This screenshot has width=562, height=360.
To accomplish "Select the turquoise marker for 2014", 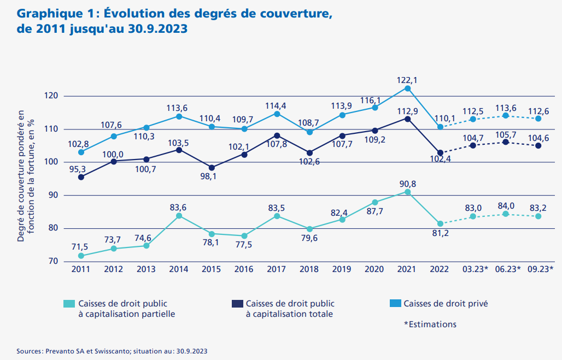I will point(179,216).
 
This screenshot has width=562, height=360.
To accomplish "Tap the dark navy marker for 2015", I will point(212,168).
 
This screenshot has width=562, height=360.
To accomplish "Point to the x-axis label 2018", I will point(309,269).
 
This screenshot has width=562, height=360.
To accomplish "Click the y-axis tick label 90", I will point(52,196).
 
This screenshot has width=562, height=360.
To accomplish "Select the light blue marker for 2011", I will point(81,152).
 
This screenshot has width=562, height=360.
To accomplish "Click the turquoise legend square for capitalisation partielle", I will point(68,303).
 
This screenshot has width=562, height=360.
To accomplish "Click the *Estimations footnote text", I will point(430,324).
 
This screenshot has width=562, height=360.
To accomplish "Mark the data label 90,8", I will point(407,184).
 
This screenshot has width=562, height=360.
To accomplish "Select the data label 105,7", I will point(506,134).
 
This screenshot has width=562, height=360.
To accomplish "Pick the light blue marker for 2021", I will point(407,88).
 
